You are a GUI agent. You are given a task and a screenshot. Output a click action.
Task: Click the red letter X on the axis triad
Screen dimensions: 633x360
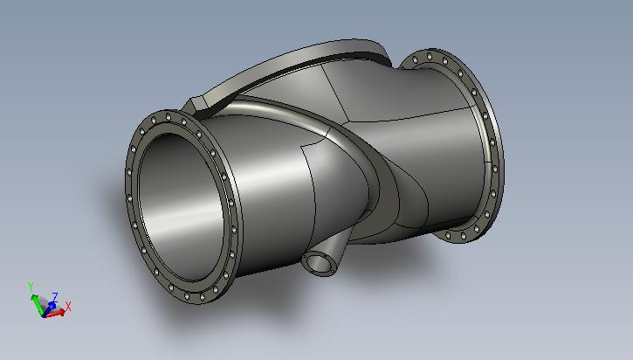tap(68, 307)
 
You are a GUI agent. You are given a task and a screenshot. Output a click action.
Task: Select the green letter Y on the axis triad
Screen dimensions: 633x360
tap(31, 287)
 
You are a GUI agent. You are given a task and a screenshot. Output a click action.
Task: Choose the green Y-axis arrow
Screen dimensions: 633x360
tap(38, 304)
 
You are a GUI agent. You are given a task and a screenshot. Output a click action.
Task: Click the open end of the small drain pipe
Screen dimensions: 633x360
tap(320, 264)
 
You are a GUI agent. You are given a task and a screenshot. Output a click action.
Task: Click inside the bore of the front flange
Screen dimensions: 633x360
tap(181, 206)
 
